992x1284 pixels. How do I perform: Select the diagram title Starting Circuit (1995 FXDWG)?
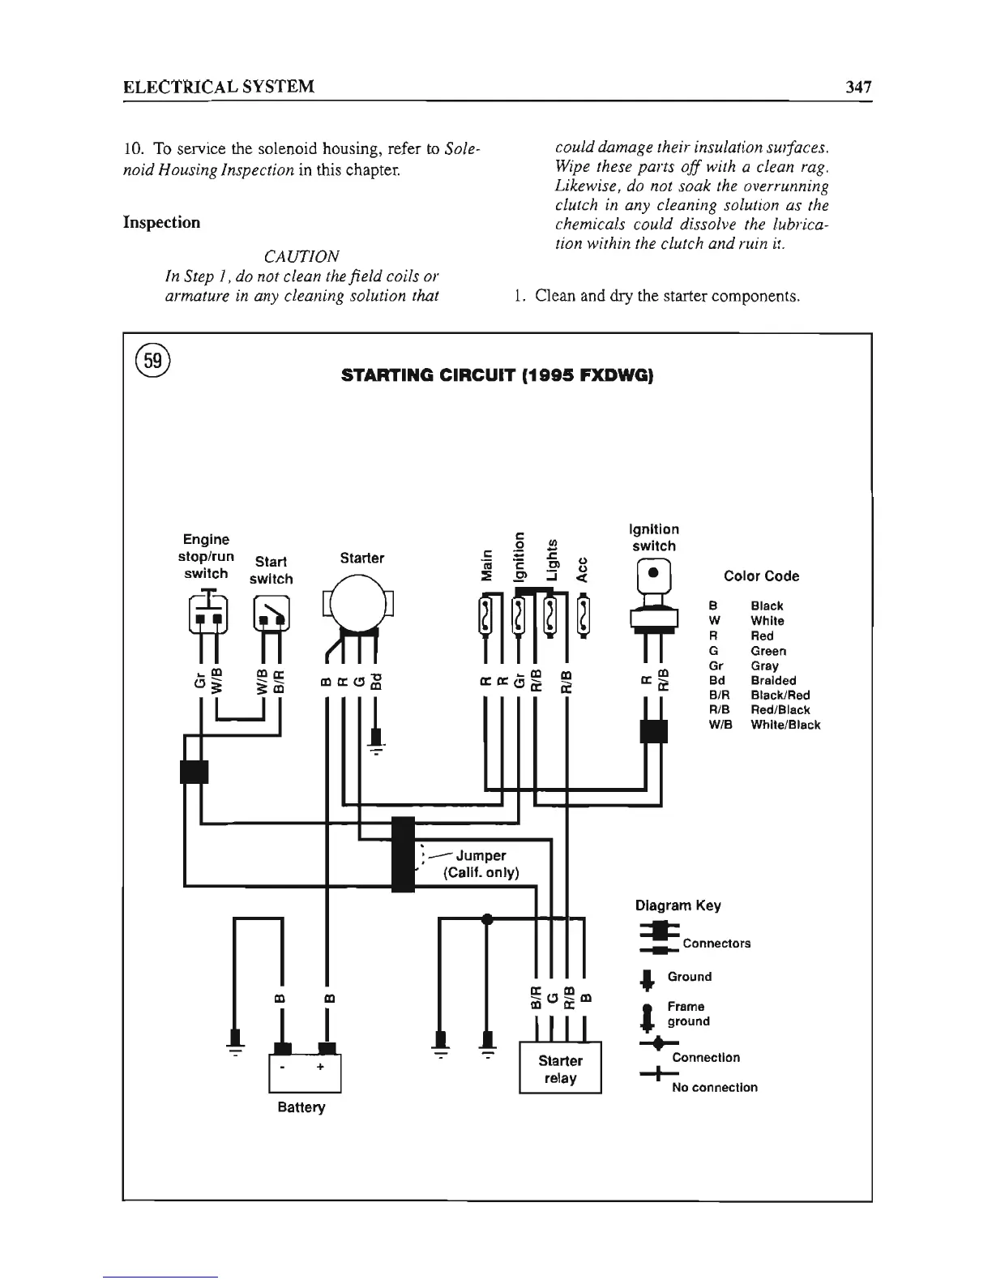(497, 376)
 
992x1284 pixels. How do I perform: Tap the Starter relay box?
(560, 1069)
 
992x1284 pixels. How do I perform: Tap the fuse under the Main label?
(486, 618)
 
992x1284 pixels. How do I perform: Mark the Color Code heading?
(761, 576)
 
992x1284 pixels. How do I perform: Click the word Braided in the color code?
(773, 680)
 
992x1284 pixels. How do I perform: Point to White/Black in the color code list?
(785, 725)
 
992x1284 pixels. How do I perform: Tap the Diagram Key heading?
(678, 905)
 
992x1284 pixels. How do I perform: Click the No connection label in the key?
(714, 1087)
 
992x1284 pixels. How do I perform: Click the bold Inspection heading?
(161, 222)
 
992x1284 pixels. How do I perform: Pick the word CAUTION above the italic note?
(301, 256)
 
